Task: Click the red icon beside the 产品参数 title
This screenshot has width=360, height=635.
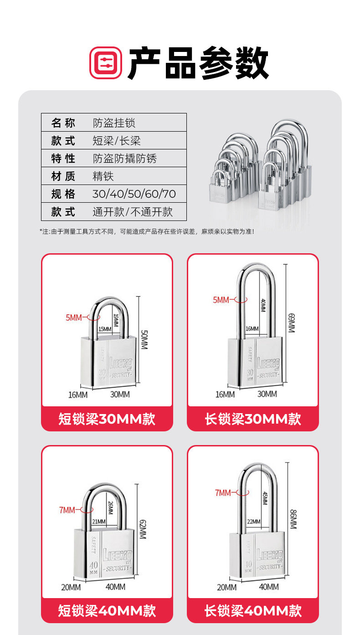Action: click(x=106, y=63)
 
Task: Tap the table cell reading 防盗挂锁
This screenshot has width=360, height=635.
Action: click(x=114, y=123)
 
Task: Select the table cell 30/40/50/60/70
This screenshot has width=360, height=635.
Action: click(x=134, y=194)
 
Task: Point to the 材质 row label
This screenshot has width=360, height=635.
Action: click(x=63, y=176)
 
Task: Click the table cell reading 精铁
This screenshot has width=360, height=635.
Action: click(x=103, y=176)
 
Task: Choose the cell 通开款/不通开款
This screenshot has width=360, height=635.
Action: click(x=133, y=212)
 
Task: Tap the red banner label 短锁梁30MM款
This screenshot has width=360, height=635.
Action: click(x=107, y=419)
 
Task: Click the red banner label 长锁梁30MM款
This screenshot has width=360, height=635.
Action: click(x=253, y=419)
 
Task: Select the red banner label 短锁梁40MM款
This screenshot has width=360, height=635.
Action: click(x=107, y=610)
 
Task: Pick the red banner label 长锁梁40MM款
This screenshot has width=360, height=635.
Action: click(x=253, y=610)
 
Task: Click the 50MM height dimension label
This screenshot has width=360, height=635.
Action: click(x=144, y=340)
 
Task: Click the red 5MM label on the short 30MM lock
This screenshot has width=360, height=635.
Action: click(x=74, y=318)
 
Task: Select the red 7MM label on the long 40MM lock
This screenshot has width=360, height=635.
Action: click(x=223, y=492)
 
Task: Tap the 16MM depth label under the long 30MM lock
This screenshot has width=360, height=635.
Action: click(x=225, y=394)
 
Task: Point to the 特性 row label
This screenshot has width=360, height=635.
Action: click(x=63, y=159)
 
